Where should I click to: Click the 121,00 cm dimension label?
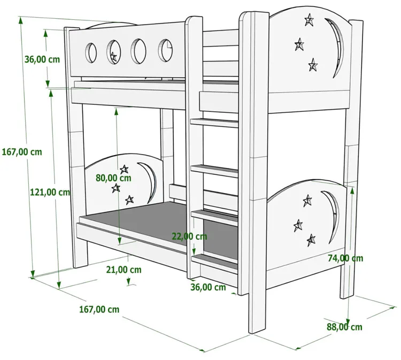49,192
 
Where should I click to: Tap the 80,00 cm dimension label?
113,178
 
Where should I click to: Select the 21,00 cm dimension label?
124,270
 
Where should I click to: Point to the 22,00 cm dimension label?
189,236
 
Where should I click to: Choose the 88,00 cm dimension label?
344,327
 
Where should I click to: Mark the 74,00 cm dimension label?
345,258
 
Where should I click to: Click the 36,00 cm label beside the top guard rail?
42,59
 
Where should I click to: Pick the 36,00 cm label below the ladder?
208,287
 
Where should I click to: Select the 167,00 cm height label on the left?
21,151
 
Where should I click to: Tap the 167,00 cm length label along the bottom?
99,309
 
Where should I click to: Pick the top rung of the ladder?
214,122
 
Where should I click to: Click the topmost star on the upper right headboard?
309,21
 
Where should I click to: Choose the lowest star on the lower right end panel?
311,240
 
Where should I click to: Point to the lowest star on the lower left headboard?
129,200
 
